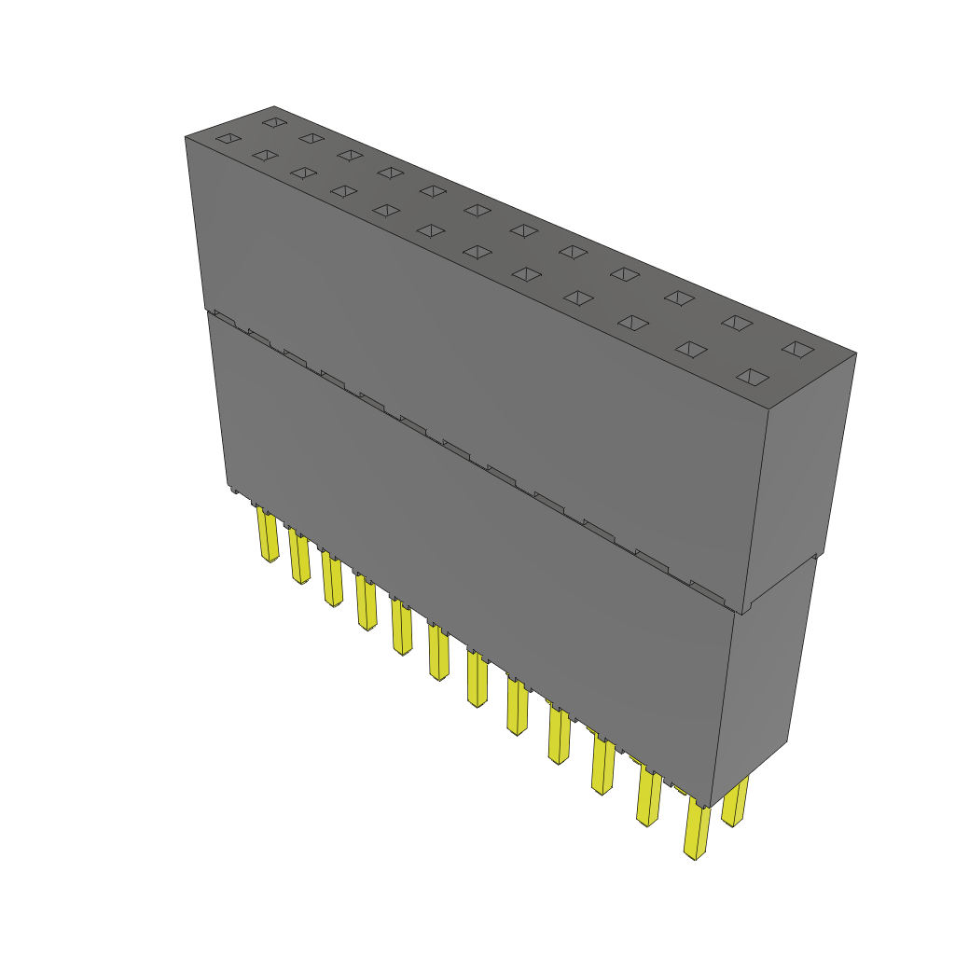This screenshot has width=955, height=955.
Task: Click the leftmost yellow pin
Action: pyautogui.click(x=268, y=535)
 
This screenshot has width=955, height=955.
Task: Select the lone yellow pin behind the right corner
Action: pyautogui.click(x=736, y=803)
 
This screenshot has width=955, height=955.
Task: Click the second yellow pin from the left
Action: pyautogui.click(x=299, y=557)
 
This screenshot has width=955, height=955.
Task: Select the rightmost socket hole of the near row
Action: pyautogui.click(x=754, y=377)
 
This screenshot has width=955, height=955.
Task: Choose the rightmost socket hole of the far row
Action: pyautogui.click(x=797, y=349)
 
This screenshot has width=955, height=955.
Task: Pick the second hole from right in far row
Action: pyautogui.click(x=737, y=323)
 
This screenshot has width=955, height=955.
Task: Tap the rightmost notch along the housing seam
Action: pyautogui.click(x=706, y=588)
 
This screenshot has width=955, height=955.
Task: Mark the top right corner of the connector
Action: pyautogui.click(x=855, y=353)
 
